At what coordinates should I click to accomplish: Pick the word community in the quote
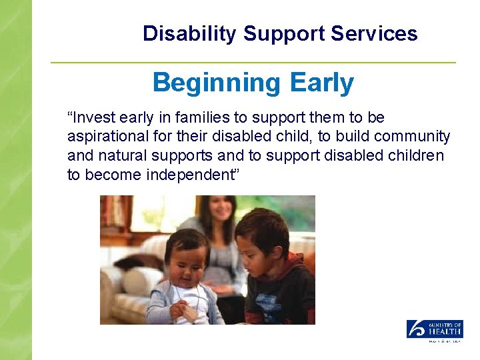pos(412,137)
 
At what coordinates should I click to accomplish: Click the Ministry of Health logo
pos(435,331)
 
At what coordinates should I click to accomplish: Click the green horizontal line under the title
pos(253,63)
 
